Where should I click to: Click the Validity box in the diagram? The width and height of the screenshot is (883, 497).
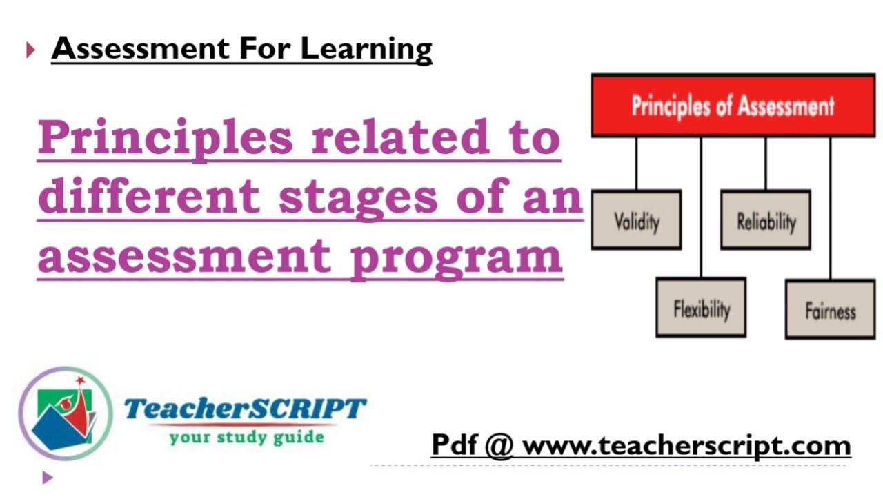click(x=636, y=220)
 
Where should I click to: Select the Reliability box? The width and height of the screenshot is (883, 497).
click(x=766, y=220)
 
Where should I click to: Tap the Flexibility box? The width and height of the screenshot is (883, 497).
click(x=701, y=308)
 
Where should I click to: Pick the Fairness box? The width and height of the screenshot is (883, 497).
click(x=830, y=310)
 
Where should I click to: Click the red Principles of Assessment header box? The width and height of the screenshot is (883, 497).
click(x=733, y=106)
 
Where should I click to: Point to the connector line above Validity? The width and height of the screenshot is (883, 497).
click(x=636, y=164)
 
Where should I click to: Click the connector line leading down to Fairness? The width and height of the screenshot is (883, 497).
click(x=830, y=207)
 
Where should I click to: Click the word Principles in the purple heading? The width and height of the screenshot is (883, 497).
click(x=166, y=137)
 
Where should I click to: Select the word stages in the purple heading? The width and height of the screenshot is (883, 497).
click(x=359, y=197)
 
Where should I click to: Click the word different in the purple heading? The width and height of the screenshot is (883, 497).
click(x=148, y=197)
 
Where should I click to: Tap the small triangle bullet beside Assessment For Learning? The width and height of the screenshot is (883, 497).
click(x=30, y=50)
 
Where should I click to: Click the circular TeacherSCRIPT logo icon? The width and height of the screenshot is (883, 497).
click(x=65, y=414)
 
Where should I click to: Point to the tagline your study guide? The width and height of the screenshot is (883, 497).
click(x=246, y=438)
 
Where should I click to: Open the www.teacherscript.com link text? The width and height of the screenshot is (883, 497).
click(x=686, y=446)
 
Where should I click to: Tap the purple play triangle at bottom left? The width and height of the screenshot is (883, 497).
click(x=47, y=477)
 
